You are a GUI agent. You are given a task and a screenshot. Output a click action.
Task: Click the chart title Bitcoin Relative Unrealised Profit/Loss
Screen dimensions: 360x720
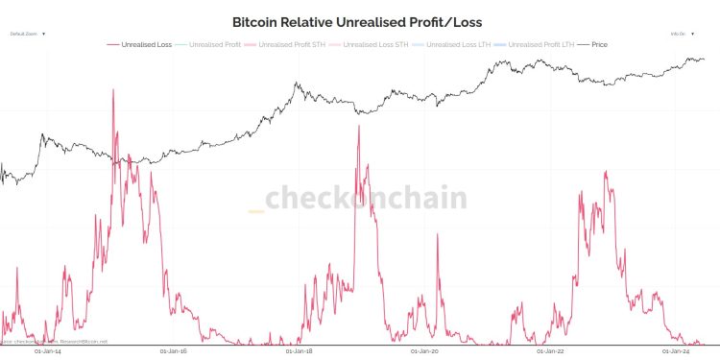[x=357, y=21]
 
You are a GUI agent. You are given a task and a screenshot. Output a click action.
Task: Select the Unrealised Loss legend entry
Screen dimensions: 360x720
[x=143, y=44]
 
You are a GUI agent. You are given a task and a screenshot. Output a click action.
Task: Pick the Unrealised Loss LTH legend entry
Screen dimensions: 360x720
[x=455, y=44]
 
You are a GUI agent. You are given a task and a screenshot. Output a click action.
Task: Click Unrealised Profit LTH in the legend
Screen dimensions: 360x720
[x=540, y=44]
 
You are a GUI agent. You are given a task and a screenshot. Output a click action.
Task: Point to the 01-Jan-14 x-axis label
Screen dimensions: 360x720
[x=47, y=351]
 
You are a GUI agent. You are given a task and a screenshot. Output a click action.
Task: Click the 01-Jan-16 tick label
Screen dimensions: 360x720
[x=174, y=351]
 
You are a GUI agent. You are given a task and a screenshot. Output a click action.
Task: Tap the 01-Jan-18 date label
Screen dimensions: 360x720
[x=300, y=351]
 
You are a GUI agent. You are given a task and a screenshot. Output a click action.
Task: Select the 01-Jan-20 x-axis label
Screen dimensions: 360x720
[x=426, y=351]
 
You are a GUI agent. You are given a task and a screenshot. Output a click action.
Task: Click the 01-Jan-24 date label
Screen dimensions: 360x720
[x=679, y=351]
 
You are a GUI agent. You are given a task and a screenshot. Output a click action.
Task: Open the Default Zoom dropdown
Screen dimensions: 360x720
[x=28, y=34]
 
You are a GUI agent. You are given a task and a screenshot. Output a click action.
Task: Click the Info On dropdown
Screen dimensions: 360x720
[x=682, y=34]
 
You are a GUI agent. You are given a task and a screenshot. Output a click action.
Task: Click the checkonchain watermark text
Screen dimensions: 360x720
[x=365, y=199]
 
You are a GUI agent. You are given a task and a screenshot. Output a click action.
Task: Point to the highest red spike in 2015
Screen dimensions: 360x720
[x=113, y=90]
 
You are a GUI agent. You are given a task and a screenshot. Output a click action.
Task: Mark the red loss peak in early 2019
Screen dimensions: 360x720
[x=359, y=126]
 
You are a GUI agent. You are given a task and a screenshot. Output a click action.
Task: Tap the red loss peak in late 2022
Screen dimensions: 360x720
[x=606, y=172]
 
